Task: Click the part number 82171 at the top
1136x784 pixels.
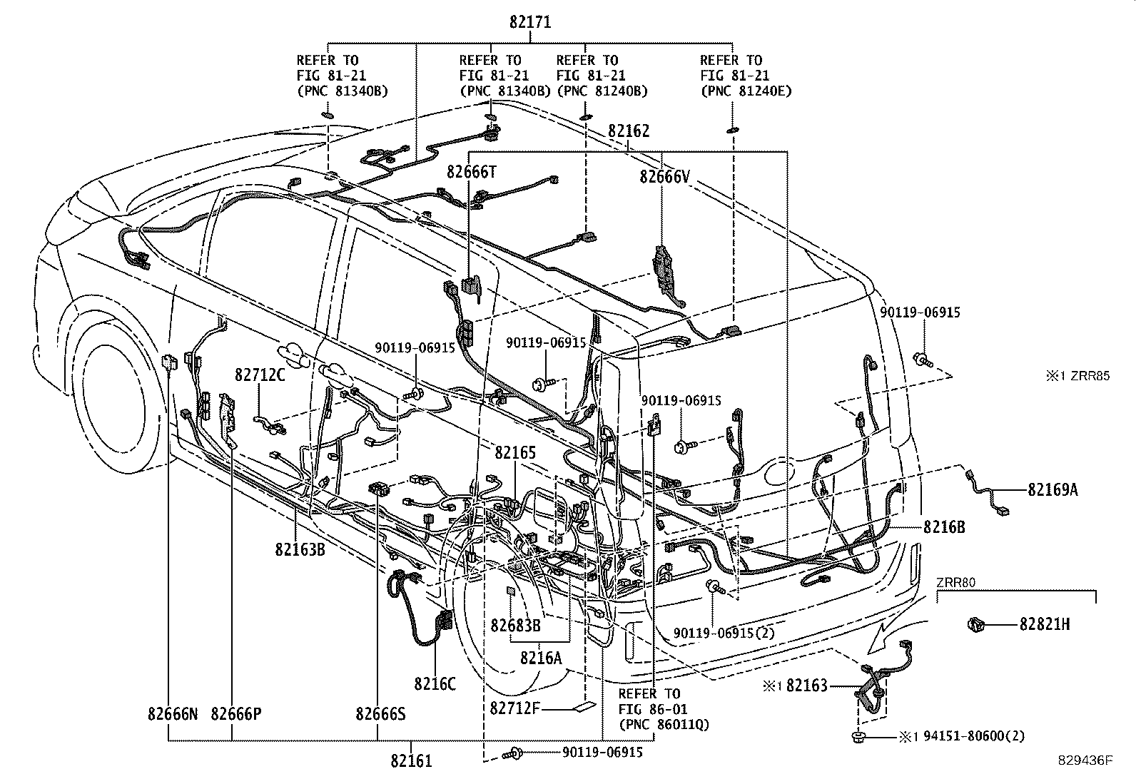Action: coord(530,22)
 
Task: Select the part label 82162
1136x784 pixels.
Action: coord(629,131)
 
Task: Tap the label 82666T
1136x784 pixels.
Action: coord(471,172)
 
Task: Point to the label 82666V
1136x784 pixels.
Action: coord(664,177)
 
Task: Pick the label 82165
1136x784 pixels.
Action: coord(515,453)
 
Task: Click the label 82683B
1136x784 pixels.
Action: coord(514,625)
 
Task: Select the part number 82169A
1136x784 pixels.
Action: coord(1053,490)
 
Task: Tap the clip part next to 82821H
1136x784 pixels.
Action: coord(976,625)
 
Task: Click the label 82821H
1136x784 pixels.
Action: coord(1044,625)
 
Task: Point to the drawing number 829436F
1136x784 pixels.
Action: coord(1084,761)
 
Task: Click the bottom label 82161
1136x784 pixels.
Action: coord(411,761)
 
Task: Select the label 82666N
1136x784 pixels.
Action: coord(173,713)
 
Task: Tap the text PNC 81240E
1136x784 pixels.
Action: coord(746,91)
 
